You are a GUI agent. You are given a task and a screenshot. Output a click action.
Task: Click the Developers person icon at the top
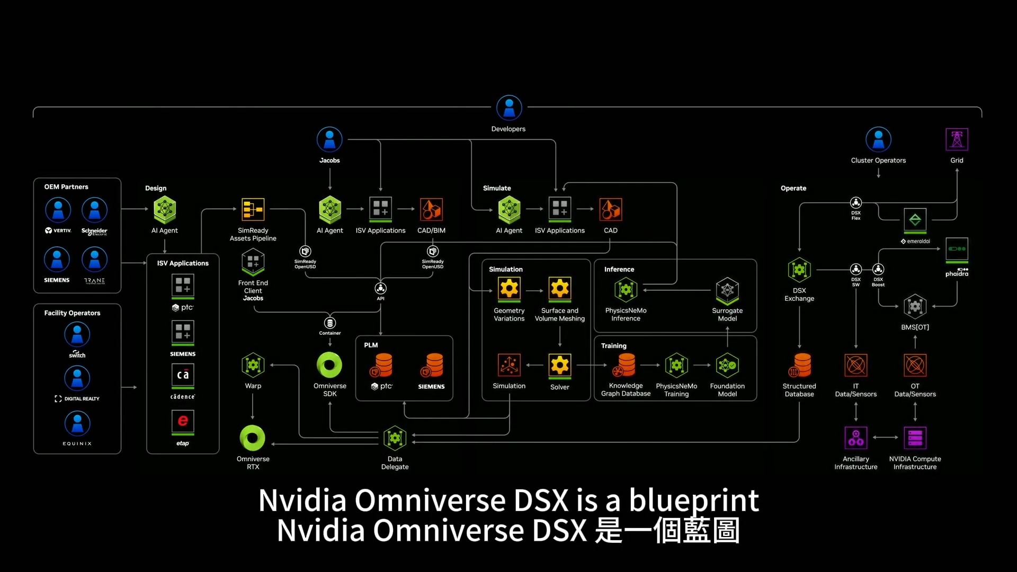coord(508,108)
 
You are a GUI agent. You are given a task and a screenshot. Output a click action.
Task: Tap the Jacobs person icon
coord(329,139)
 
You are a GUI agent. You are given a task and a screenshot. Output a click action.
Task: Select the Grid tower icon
coord(957,139)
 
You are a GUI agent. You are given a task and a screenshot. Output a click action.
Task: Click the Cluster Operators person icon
coord(878,139)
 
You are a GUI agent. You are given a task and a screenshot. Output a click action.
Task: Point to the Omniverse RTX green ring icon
coord(253,438)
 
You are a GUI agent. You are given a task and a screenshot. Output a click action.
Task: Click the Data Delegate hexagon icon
coord(395,438)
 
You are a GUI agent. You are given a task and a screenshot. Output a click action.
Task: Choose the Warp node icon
coord(253,365)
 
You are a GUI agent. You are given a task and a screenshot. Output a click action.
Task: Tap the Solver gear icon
coord(560,365)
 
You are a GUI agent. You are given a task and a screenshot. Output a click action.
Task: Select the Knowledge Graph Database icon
coord(626,365)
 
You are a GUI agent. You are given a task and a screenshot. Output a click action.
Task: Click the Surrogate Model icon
coord(727,290)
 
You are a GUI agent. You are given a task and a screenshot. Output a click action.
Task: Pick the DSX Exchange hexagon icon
coord(799,270)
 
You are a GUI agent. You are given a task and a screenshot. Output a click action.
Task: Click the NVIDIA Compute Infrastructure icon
coord(915,438)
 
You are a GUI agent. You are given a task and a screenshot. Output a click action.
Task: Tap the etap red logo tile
coord(183,421)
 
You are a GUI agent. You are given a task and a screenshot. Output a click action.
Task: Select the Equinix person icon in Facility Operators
coord(77,424)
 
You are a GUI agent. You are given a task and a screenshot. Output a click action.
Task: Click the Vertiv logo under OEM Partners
coord(58,231)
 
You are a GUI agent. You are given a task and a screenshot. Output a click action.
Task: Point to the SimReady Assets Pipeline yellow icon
coord(253,210)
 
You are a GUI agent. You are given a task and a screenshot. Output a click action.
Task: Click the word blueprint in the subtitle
coord(694,500)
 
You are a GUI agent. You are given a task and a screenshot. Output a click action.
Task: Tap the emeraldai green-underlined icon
coord(915,220)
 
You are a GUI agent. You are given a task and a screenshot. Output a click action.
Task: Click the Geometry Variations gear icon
coord(509,289)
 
